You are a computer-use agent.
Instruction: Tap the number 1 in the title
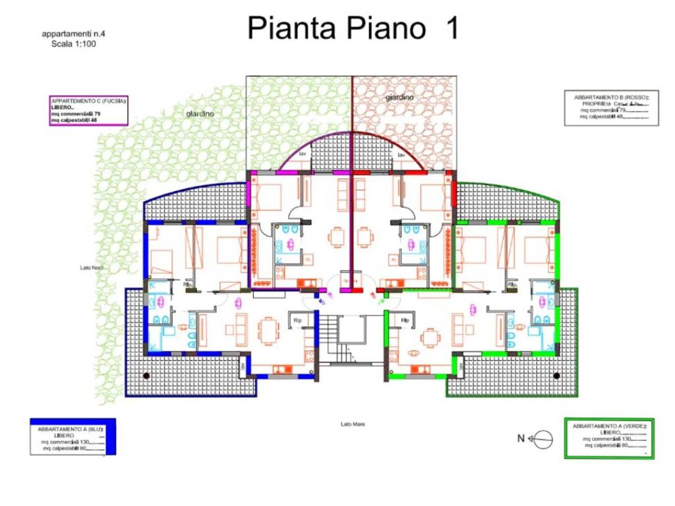click(452, 28)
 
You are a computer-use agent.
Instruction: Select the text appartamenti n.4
click(71, 34)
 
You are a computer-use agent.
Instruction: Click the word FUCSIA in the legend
click(110, 101)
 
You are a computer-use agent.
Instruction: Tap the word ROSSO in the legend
click(634, 97)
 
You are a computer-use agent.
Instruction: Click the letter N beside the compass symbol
click(521, 438)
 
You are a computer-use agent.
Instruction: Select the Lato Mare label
click(353, 424)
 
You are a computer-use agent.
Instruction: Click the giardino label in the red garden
click(399, 97)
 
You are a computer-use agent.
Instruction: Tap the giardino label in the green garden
click(200, 113)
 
